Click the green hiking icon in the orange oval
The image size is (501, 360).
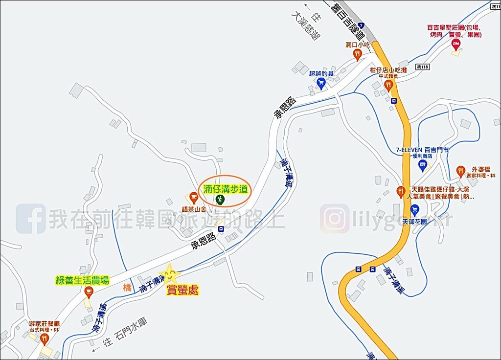pos(220,199)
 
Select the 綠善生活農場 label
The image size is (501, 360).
pos(82,280)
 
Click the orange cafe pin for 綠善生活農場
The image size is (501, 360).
pos(89,292)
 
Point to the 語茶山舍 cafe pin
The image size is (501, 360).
pos(193,197)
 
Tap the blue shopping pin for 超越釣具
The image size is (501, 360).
pos(321,83)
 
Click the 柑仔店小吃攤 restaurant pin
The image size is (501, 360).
pos(388,86)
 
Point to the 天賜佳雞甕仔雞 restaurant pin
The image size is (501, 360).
pos(401,191)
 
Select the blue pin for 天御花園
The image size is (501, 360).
pos(414,210)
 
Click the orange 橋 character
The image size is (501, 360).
pos(127,288)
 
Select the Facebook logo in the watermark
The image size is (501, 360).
pos(31,219)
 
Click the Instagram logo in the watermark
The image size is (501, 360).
pos(335,219)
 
